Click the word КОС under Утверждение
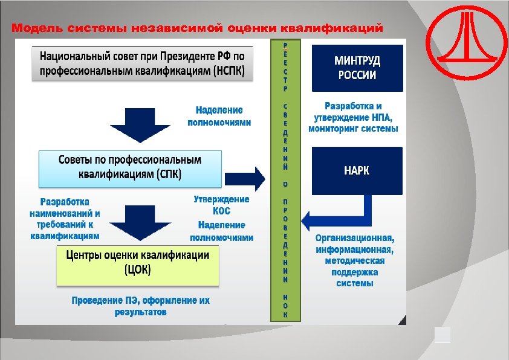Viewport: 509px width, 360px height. [x=221, y=211]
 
